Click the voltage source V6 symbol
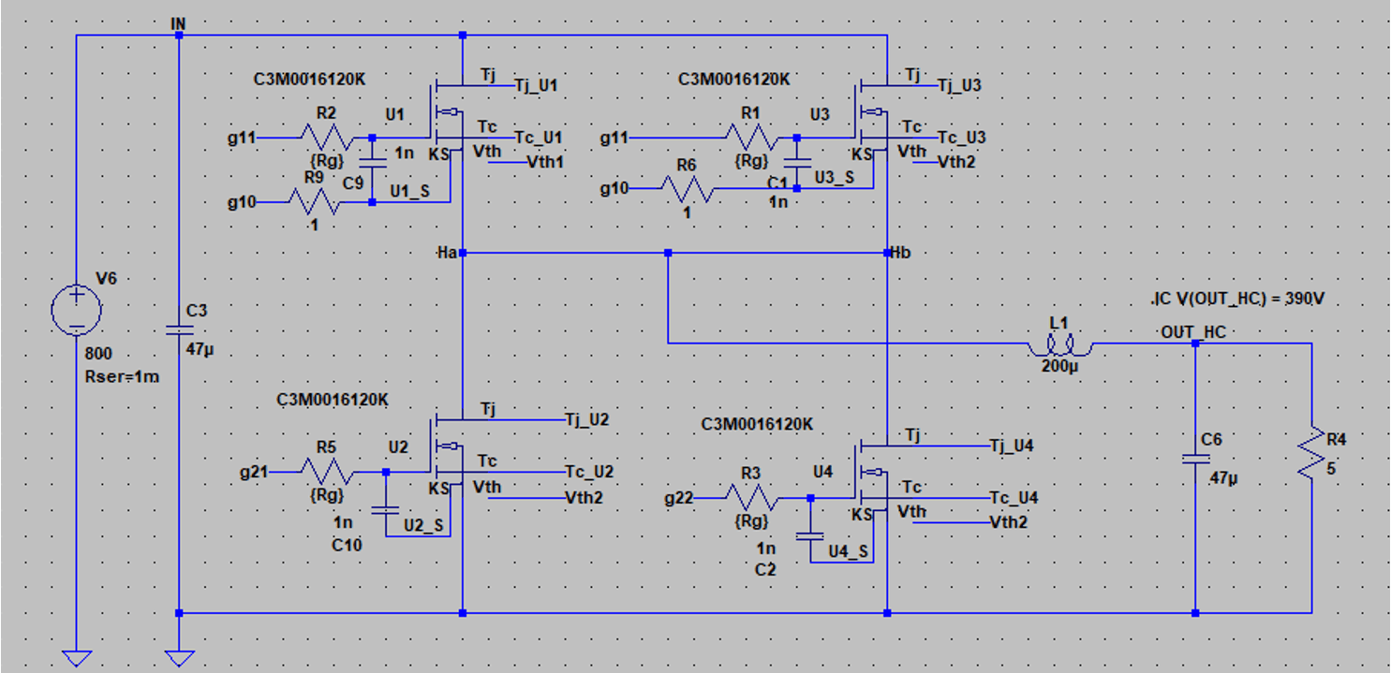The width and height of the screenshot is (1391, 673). click(x=77, y=310)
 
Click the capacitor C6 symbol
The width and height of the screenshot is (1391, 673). click(x=1196, y=459)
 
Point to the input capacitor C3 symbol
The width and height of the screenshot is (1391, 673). click(x=178, y=329)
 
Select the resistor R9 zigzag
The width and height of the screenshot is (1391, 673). click(x=314, y=201)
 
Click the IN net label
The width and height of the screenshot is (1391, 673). click(x=179, y=22)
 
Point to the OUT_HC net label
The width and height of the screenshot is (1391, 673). click(x=1192, y=332)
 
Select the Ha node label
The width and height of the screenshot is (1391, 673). click(x=446, y=253)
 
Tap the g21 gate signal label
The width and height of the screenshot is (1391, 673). click(x=253, y=473)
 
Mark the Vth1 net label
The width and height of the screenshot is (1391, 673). click(x=545, y=162)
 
